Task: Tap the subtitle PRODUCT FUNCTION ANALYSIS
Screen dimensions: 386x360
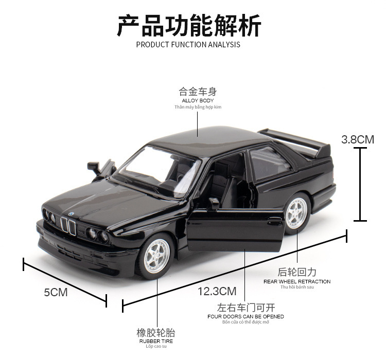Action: click(x=188, y=45)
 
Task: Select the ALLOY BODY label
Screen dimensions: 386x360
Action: click(x=198, y=100)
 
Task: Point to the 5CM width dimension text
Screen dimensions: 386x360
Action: click(x=56, y=292)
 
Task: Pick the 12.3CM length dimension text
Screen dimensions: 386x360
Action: click(x=217, y=292)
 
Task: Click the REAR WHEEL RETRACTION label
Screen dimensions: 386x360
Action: click(x=297, y=281)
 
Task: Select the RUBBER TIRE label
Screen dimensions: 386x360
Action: click(x=156, y=341)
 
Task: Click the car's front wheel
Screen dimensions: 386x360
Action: click(x=155, y=256)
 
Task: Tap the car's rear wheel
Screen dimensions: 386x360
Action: click(x=297, y=213)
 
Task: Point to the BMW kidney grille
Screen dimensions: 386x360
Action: click(x=68, y=225)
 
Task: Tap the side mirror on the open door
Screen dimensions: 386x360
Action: click(x=214, y=204)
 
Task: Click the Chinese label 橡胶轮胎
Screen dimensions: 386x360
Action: click(x=156, y=332)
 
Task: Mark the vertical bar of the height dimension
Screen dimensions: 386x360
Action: click(x=360, y=184)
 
